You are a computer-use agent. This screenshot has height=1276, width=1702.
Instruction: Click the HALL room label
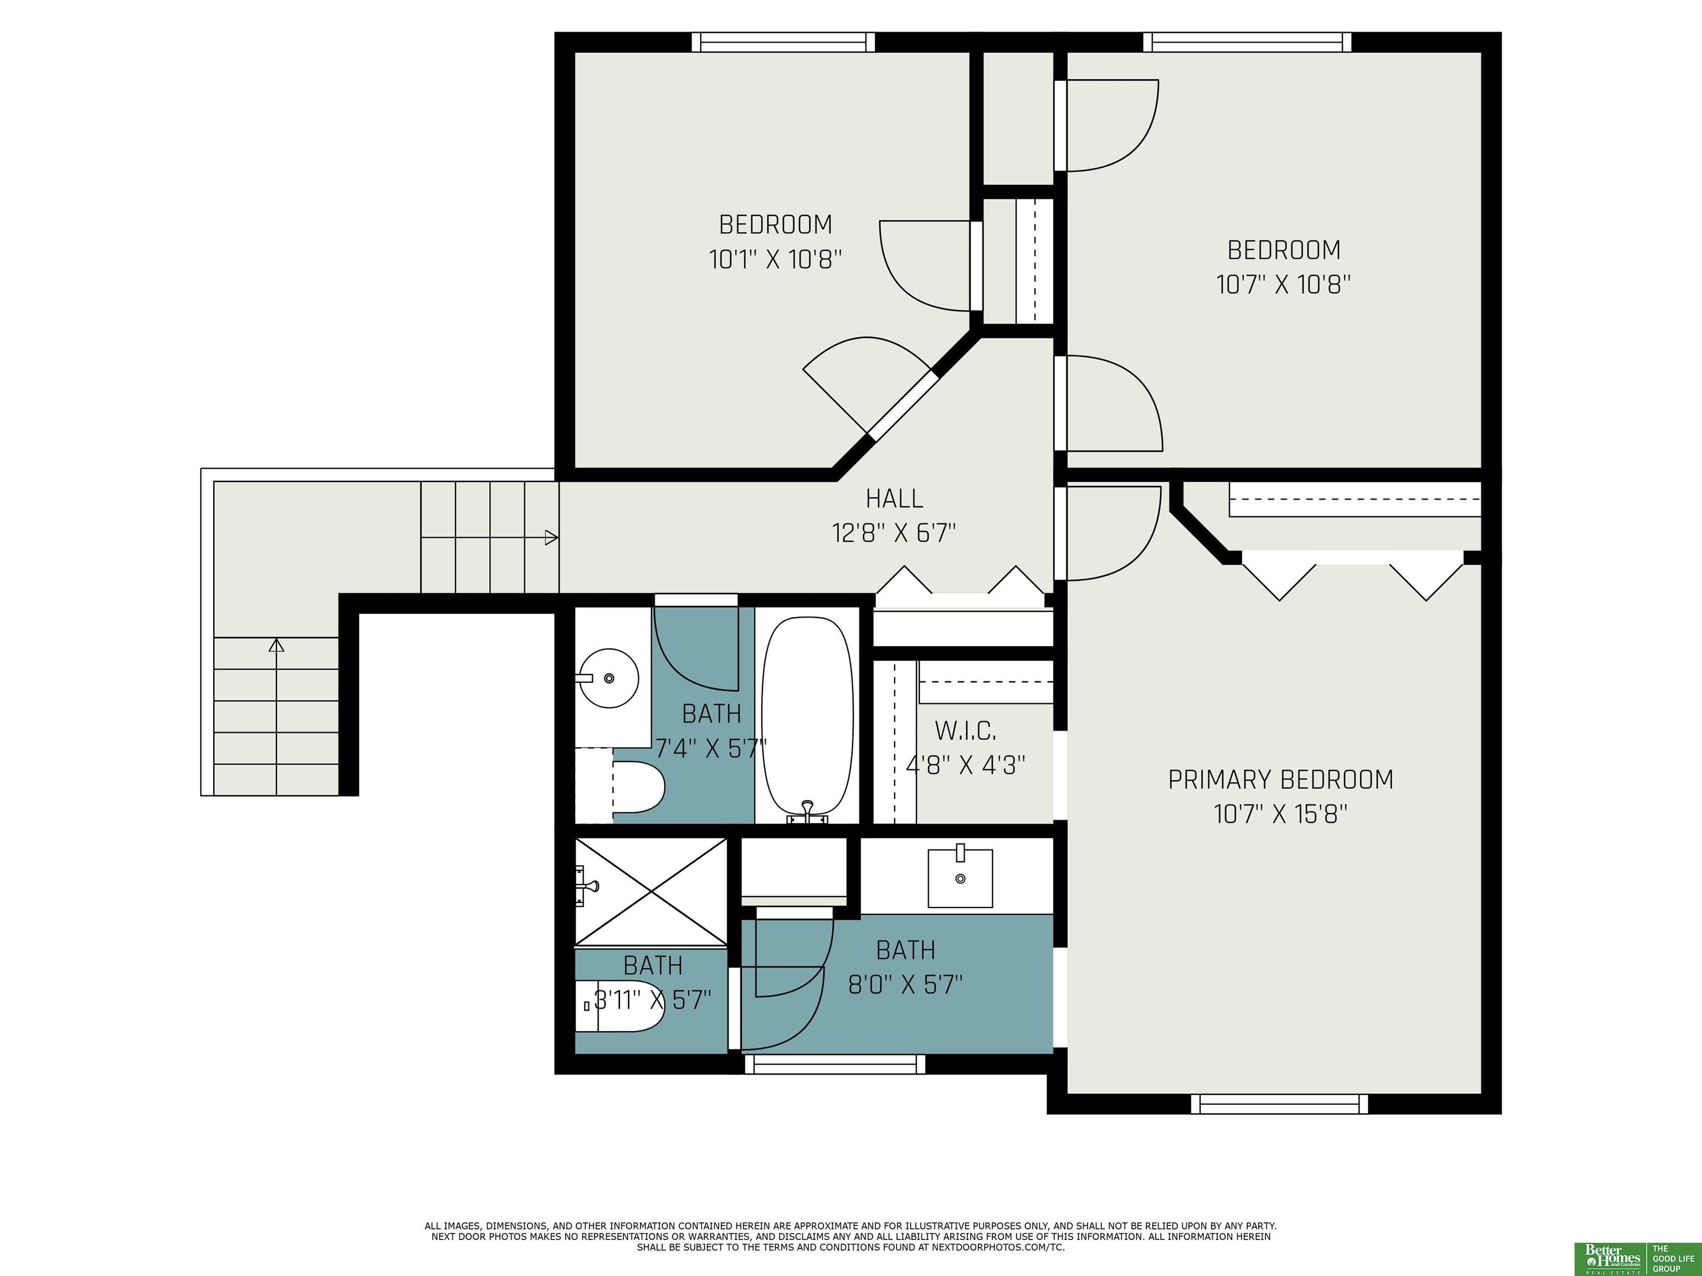tap(894, 498)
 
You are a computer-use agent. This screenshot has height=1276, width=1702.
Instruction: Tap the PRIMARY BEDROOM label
tap(1280, 780)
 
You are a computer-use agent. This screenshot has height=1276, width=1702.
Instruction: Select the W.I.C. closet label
tap(966, 730)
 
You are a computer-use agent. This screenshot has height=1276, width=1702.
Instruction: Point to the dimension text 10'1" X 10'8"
tap(776, 259)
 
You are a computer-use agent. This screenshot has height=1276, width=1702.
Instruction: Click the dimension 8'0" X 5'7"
tap(906, 985)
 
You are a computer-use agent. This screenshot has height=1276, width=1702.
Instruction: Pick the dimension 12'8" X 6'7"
tap(894, 532)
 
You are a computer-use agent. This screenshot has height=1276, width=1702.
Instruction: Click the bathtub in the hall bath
tap(807, 716)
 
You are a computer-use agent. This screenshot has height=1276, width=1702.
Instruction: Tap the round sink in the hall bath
tap(609, 678)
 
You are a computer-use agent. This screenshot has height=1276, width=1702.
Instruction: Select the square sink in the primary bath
tap(960, 878)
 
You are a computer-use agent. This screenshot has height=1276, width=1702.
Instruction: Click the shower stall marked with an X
tap(651, 892)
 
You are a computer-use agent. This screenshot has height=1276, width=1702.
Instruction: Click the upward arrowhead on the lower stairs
tap(276, 645)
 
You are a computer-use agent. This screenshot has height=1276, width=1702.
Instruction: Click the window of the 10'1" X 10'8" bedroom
tap(783, 42)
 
